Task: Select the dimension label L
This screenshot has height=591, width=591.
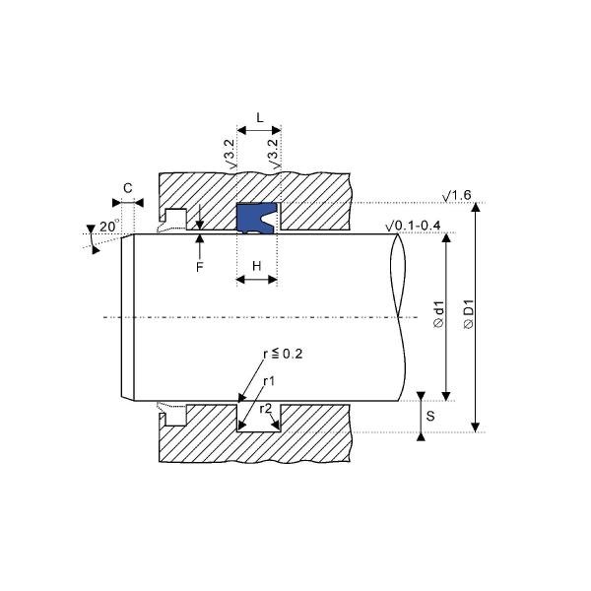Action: (x=259, y=117)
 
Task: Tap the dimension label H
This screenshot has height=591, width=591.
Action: (x=257, y=266)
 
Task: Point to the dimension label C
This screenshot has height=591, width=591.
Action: (x=128, y=187)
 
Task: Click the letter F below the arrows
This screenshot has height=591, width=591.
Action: (x=200, y=267)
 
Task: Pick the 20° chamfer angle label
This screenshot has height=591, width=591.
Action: (x=107, y=227)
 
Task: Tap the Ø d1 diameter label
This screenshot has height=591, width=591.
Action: (x=438, y=314)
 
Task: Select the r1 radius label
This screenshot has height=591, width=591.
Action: (x=269, y=380)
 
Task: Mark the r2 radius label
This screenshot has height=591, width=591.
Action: (x=266, y=408)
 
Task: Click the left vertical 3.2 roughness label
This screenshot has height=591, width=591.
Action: (x=230, y=155)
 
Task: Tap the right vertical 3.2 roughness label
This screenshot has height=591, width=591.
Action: (x=273, y=155)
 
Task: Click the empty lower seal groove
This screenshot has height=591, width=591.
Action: (x=258, y=415)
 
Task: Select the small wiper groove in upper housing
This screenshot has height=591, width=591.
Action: (x=176, y=217)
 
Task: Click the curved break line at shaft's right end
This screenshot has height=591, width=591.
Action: (x=400, y=315)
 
